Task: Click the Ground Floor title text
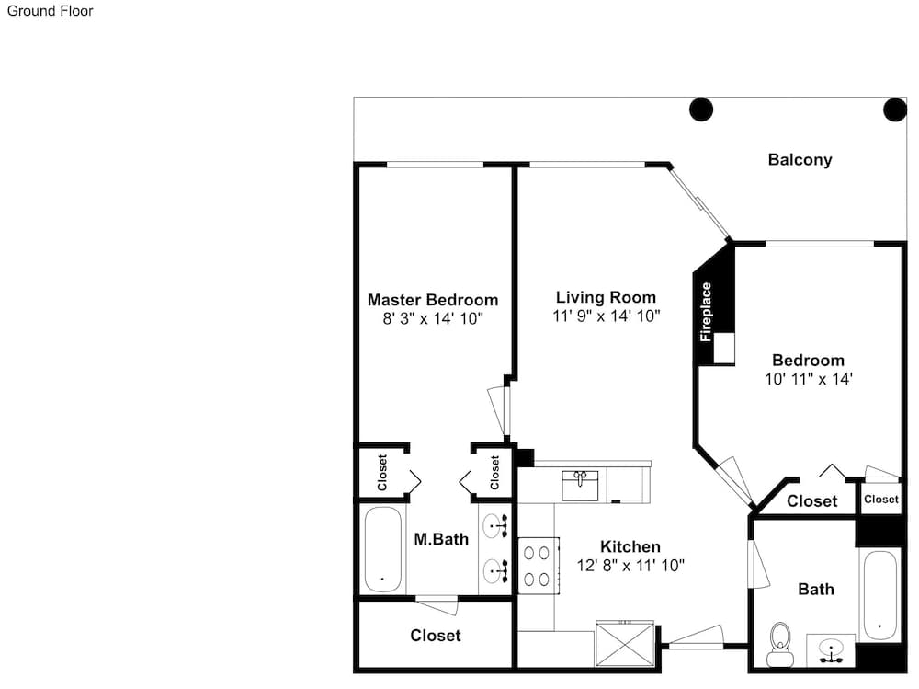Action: pyautogui.click(x=50, y=10)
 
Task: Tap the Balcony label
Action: pyautogui.click(x=800, y=160)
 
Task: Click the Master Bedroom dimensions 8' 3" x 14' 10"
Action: pyautogui.click(x=433, y=318)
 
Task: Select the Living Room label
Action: pyautogui.click(x=606, y=297)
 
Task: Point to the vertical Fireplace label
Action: pyautogui.click(x=706, y=312)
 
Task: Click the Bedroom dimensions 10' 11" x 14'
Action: pyautogui.click(x=808, y=379)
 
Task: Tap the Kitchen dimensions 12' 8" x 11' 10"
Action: pyautogui.click(x=630, y=565)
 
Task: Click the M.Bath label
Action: pyautogui.click(x=441, y=539)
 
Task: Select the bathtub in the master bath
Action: pyautogui.click(x=383, y=550)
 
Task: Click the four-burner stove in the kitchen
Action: pyautogui.click(x=538, y=567)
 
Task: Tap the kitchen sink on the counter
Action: pyautogui.click(x=580, y=486)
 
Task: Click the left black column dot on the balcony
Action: pyautogui.click(x=701, y=109)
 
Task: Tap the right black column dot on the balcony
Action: pyautogui.click(x=895, y=109)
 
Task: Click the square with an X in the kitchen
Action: pyautogui.click(x=625, y=644)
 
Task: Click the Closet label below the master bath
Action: pyautogui.click(x=436, y=636)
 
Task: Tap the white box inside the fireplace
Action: pyautogui.click(x=724, y=348)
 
